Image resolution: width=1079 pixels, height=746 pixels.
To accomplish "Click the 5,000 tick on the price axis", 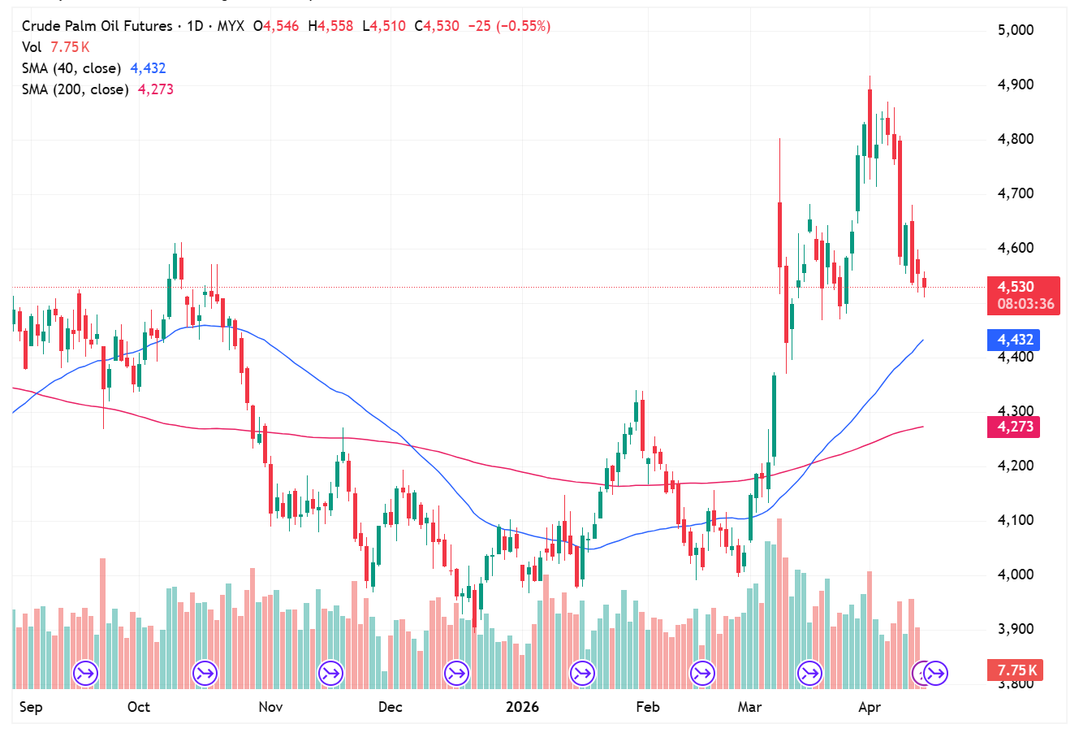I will pyautogui.click(x=1016, y=30).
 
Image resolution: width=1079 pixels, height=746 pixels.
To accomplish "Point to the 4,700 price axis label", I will pyautogui.click(x=1016, y=193).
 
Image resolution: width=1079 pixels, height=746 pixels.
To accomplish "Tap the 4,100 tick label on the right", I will pyautogui.click(x=1016, y=520).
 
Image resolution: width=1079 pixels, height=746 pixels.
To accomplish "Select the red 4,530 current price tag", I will pyautogui.click(x=1016, y=287).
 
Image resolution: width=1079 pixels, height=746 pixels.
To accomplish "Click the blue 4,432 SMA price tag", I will pyautogui.click(x=1015, y=340).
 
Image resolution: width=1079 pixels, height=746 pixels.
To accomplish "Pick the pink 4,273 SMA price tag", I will pyautogui.click(x=1015, y=427).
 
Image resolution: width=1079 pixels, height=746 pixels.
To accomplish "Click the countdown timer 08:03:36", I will pyautogui.click(x=1025, y=305).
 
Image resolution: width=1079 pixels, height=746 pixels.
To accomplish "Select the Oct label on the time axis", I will pyautogui.click(x=139, y=707).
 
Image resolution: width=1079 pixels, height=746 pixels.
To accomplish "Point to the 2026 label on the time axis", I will pyautogui.click(x=522, y=707).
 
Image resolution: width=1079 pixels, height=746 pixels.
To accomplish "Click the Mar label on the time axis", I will pyautogui.click(x=749, y=707).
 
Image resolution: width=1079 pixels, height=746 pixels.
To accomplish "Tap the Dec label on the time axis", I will pyautogui.click(x=391, y=707).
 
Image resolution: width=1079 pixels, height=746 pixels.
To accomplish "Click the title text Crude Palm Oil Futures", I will pyautogui.click(x=97, y=26).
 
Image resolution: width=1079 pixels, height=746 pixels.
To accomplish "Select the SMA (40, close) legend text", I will pyautogui.click(x=71, y=68).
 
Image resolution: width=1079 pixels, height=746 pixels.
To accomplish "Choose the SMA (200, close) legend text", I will pyautogui.click(x=76, y=89).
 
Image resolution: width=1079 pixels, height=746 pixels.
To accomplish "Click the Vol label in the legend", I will pyautogui.click(x=32, y=47).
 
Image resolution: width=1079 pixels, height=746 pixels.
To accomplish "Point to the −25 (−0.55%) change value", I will pyautogui.click(x=510, y=26).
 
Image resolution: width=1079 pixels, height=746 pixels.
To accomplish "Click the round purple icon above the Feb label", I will pyautogui.click(x=702, y=673).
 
